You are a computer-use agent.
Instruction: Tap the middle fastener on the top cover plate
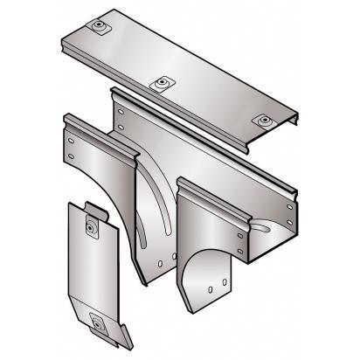[162, 84]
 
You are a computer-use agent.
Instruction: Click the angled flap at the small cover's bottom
[114, 336]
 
